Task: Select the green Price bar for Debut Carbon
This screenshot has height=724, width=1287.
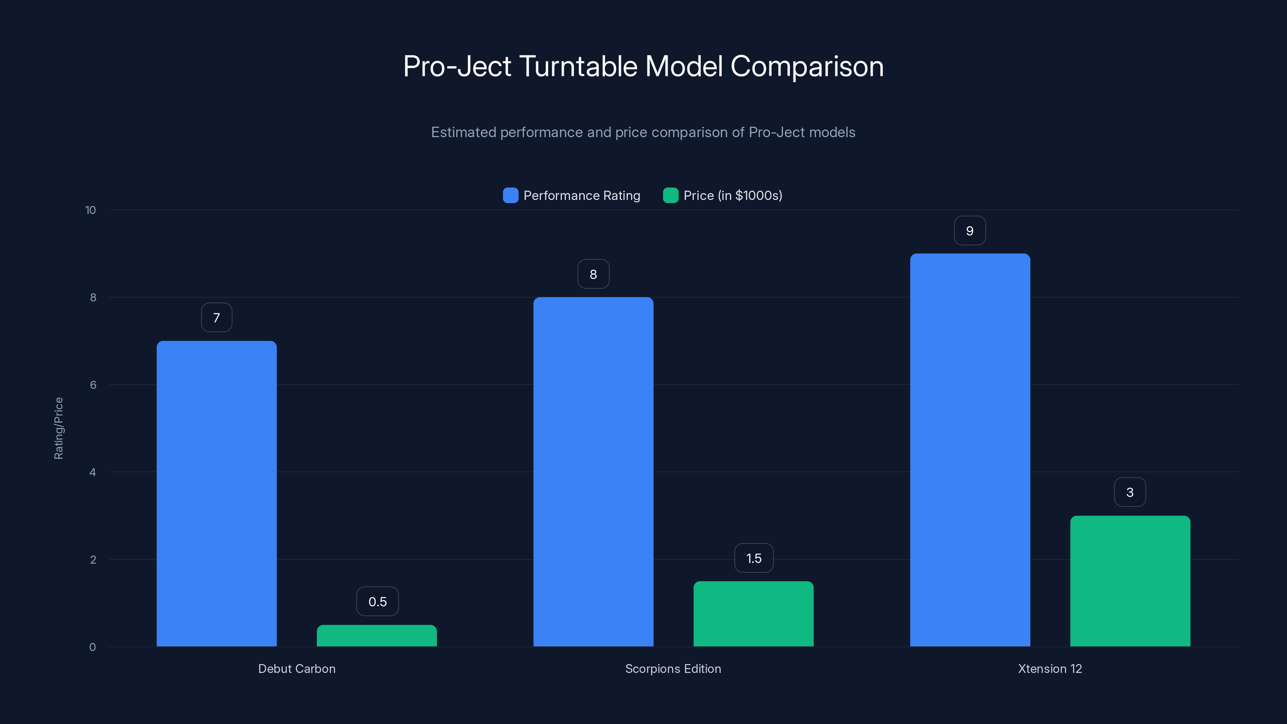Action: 377,636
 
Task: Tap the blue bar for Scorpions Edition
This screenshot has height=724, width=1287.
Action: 593,472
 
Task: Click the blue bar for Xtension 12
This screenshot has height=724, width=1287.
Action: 970,450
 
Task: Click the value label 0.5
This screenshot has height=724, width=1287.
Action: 377,602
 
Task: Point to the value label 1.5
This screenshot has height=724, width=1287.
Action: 753,558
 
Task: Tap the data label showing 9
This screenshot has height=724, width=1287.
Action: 970,231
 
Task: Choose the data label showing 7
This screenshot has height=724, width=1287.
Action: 216,318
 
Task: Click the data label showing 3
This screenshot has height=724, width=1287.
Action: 1130,492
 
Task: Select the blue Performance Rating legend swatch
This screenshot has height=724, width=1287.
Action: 510,195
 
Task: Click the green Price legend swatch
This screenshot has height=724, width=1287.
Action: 670,195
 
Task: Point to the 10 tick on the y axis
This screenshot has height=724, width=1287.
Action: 90,210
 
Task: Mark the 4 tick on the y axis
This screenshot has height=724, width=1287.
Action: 93,472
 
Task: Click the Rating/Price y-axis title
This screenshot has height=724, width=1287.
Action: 58,428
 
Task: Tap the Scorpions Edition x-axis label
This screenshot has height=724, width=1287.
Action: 673,668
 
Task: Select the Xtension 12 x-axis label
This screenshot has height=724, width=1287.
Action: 1050,668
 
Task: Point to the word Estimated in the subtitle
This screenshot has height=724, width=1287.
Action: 463,132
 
